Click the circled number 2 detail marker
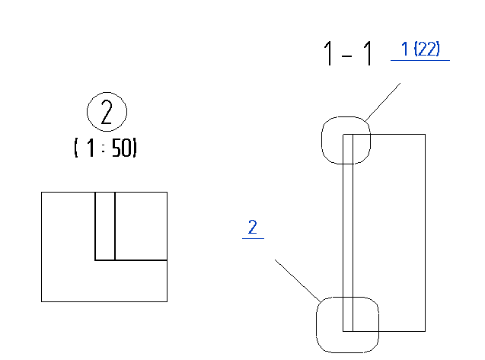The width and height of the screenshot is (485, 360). click(107, 112)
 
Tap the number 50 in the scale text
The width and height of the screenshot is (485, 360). click(123, 148)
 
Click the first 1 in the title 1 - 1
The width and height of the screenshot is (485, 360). click(329, 53)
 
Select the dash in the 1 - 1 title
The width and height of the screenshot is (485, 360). click(347, 56)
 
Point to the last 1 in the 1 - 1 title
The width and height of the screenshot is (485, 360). click(368, 53)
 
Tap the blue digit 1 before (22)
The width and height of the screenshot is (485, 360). click(405, 49)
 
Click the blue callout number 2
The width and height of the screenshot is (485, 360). click(253, 227)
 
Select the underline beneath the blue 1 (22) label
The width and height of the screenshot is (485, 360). click(420, 60)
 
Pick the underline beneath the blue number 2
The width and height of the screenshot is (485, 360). click(253, 238)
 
